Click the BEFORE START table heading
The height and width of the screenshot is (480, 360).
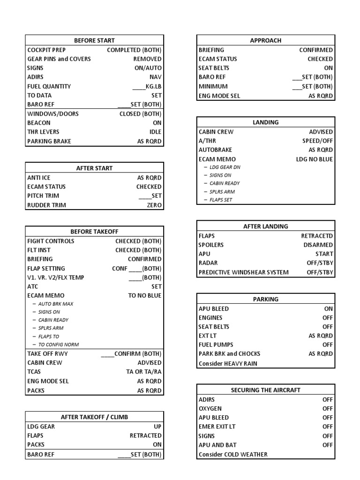(94, 40)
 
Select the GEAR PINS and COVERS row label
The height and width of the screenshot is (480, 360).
(59, 59)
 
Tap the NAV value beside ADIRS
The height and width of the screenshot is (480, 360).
(156, 77)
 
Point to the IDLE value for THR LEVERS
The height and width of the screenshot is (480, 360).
(155, 132)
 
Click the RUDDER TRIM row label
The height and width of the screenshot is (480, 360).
(47, 205)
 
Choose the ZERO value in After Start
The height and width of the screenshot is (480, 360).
(154, 205)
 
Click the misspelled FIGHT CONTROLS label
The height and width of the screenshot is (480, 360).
(51, 241)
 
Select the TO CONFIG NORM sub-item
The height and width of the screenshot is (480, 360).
(59, 345)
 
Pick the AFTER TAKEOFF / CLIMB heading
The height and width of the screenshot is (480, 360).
(94, 417)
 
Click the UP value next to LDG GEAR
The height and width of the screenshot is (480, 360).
(157, 427)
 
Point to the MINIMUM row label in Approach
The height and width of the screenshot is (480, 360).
(213, 86)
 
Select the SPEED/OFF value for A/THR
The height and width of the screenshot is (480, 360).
(317, 141)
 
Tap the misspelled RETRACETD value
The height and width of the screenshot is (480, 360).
(317, 236)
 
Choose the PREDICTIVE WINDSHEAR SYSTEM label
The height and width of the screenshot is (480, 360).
(244, 272)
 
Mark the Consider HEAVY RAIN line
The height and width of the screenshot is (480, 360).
(228, 363)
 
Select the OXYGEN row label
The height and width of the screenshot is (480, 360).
(210, 408)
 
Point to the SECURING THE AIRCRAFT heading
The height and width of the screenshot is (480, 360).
(266, 390)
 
